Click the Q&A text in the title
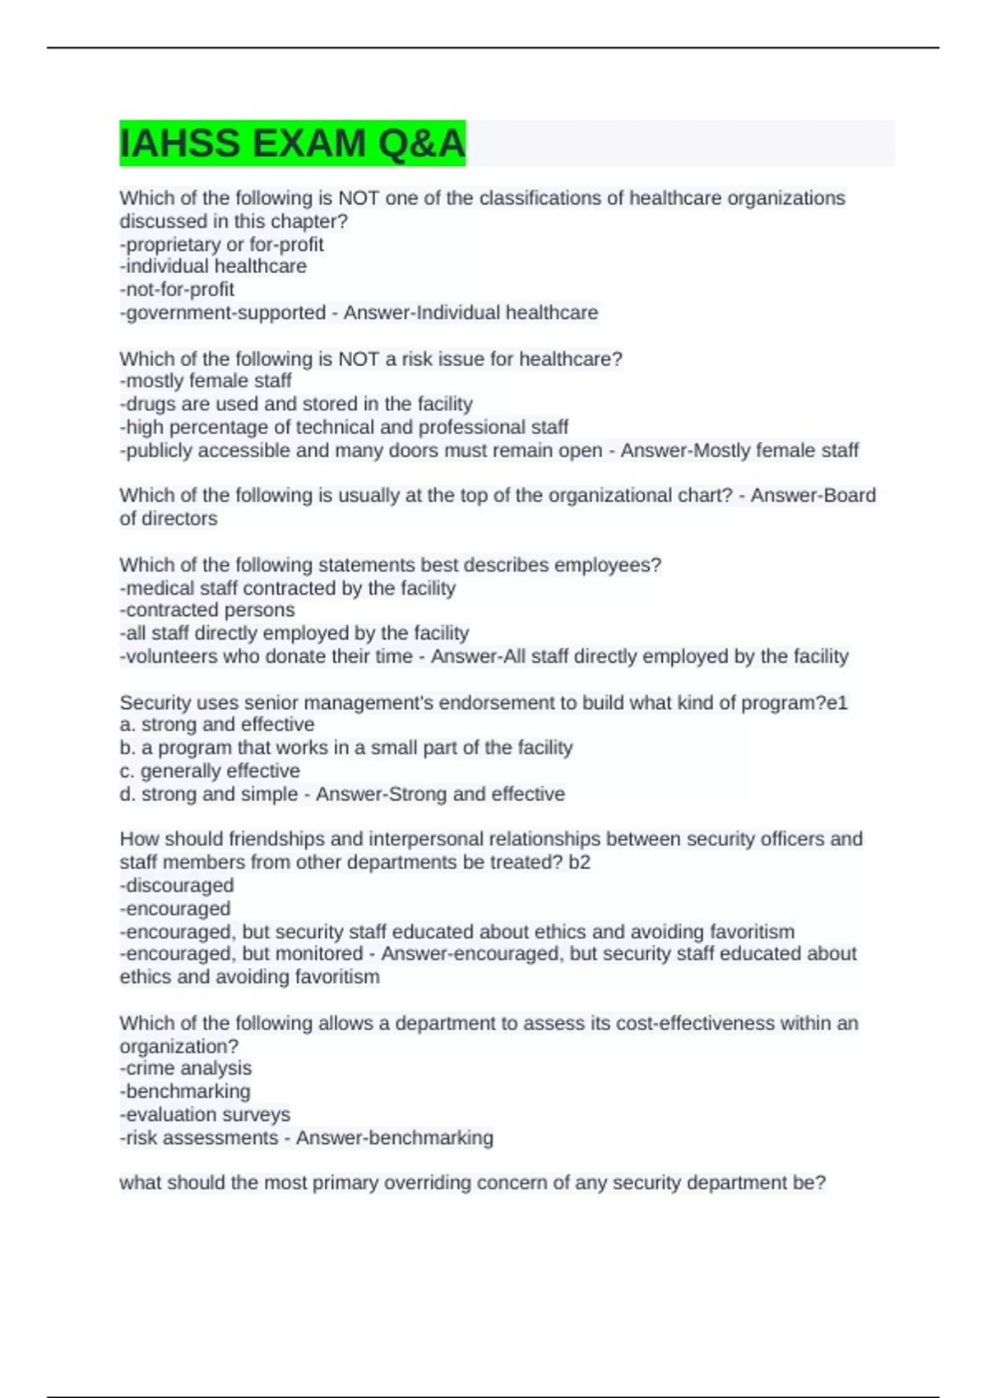click(421, 144)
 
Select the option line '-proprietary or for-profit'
click(221, 244)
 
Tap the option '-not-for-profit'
click(177, 289)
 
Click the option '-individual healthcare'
click(213, 266)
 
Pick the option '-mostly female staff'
click(206, 381)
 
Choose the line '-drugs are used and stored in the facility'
click(296, 404)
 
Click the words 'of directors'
click(169, 519)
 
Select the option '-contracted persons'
click(207, 610)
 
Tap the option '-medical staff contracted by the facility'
click(288, 588)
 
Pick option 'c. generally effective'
click(210, 771)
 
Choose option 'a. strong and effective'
click(217, 724)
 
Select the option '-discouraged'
click(177, 886)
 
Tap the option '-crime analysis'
click(186, 1068)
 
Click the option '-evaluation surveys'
click(205, 1114)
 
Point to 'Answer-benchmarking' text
click(395, 1138)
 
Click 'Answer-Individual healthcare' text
click(470, 313)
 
